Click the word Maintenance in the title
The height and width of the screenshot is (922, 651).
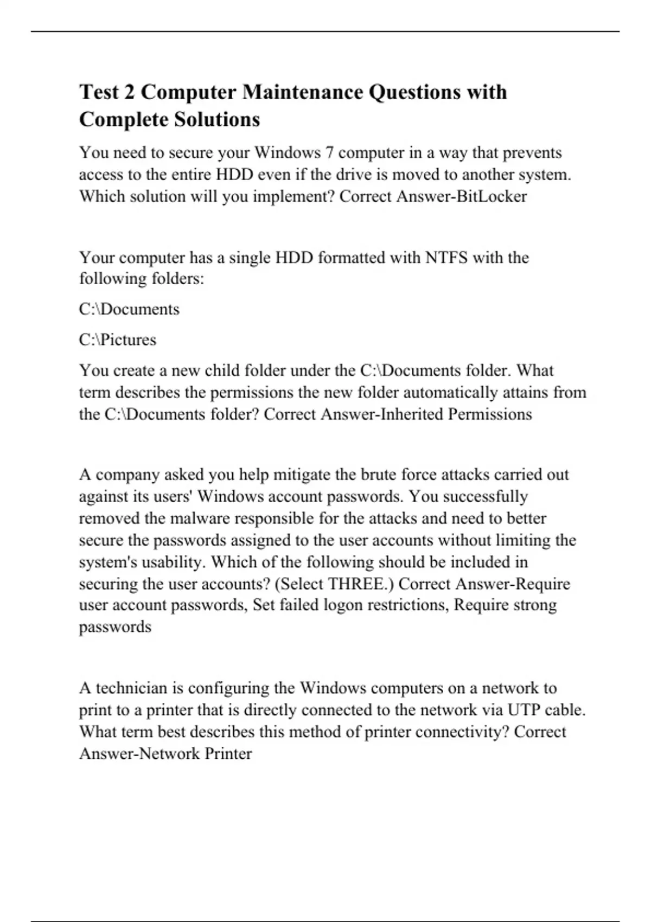303,92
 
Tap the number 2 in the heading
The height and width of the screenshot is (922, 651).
129,92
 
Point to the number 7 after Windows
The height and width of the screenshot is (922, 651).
329,153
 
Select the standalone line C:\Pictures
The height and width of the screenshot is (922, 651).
117,340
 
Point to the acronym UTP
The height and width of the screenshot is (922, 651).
524,710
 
